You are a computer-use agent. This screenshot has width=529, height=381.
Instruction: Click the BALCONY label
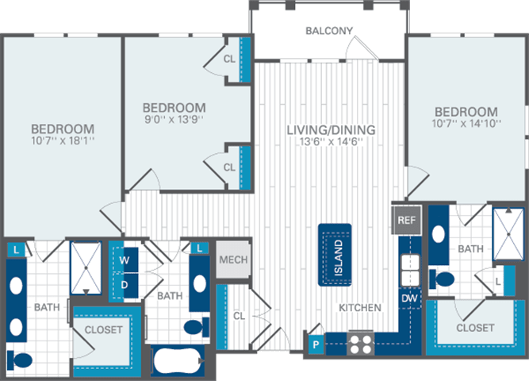[328, 31]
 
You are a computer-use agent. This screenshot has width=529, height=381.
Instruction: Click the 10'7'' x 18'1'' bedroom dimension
[63, 142]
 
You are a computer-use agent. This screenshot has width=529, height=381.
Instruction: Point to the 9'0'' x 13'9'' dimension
[173, 121]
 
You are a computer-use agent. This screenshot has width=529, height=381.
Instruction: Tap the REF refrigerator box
[406, 220]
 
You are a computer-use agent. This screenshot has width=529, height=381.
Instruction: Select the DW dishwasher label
[408, 298]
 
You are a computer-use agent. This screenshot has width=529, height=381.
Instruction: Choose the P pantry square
[316, 345]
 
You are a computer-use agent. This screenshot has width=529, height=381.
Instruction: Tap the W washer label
[125, 260]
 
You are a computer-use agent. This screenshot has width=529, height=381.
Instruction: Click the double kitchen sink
[408, 270]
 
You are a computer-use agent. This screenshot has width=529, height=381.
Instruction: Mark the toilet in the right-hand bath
[442, 279]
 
